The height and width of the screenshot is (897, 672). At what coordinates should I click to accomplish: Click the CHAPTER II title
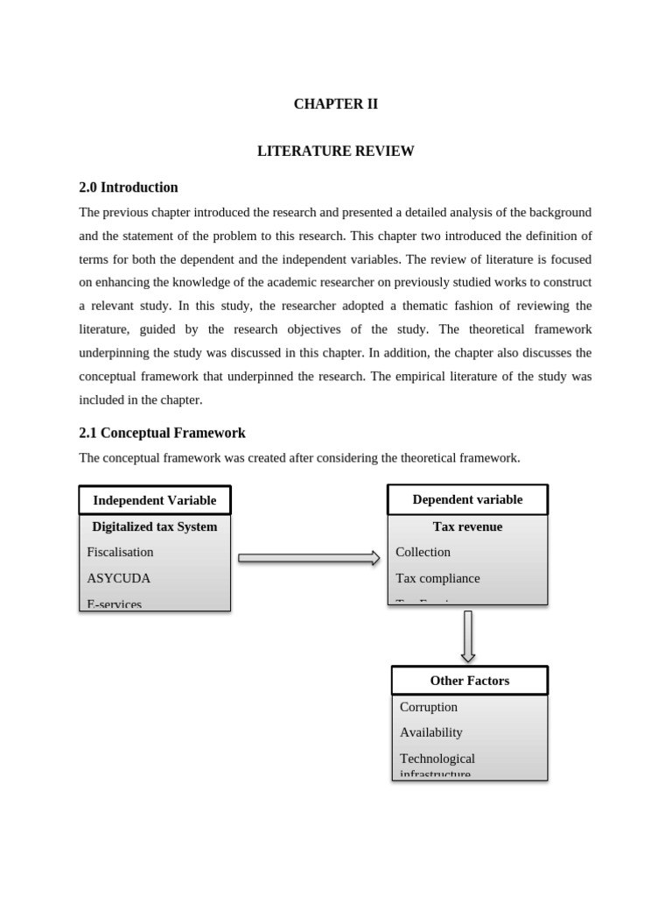coord(335,104)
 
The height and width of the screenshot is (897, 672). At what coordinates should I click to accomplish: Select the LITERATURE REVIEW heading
coord(335,152)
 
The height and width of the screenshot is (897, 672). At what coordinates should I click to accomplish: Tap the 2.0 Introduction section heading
coord(129,187)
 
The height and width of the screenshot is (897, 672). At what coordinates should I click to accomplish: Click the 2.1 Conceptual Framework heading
coord(162,433)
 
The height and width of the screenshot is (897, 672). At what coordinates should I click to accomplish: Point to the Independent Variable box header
coord(155,500)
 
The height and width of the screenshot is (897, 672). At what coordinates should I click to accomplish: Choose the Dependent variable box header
coord(467,499)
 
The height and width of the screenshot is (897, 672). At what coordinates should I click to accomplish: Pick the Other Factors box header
coord(469,681)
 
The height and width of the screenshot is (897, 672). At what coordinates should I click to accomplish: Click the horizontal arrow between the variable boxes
coord(309,558)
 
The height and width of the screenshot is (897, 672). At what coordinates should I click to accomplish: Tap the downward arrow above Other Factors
coord(468,636)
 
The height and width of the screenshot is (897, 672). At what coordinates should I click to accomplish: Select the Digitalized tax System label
coord(155,526)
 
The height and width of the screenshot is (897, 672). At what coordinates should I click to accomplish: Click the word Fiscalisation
coord(120,552)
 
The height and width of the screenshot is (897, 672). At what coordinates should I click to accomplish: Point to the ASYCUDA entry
coord(119,578)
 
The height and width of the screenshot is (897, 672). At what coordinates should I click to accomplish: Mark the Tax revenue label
coord(467,526)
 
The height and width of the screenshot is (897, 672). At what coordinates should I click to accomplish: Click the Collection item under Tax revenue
coord(423,552)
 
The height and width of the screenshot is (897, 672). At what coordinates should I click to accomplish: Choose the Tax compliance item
coord(437,578)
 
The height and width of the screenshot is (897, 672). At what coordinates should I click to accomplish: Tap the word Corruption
coord(429,707)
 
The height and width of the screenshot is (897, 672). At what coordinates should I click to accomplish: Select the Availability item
coord(431,732)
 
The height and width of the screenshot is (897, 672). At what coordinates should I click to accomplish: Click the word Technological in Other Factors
coord(437,759)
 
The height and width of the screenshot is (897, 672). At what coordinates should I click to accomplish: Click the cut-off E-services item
coord(115,604)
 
